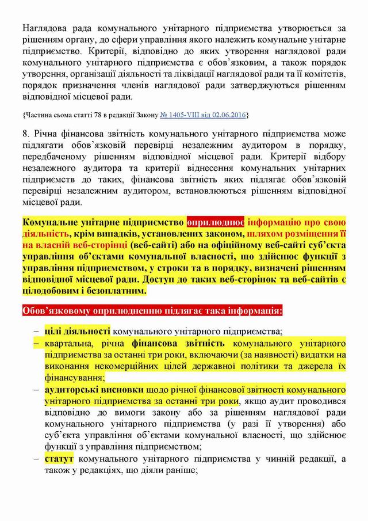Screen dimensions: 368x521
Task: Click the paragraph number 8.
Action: tap(25, 134)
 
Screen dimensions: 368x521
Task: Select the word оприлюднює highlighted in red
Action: tap(216, 221)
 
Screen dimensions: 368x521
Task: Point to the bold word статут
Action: tap(57, 459)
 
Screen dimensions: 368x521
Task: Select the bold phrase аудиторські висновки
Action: tap(94, 389)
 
